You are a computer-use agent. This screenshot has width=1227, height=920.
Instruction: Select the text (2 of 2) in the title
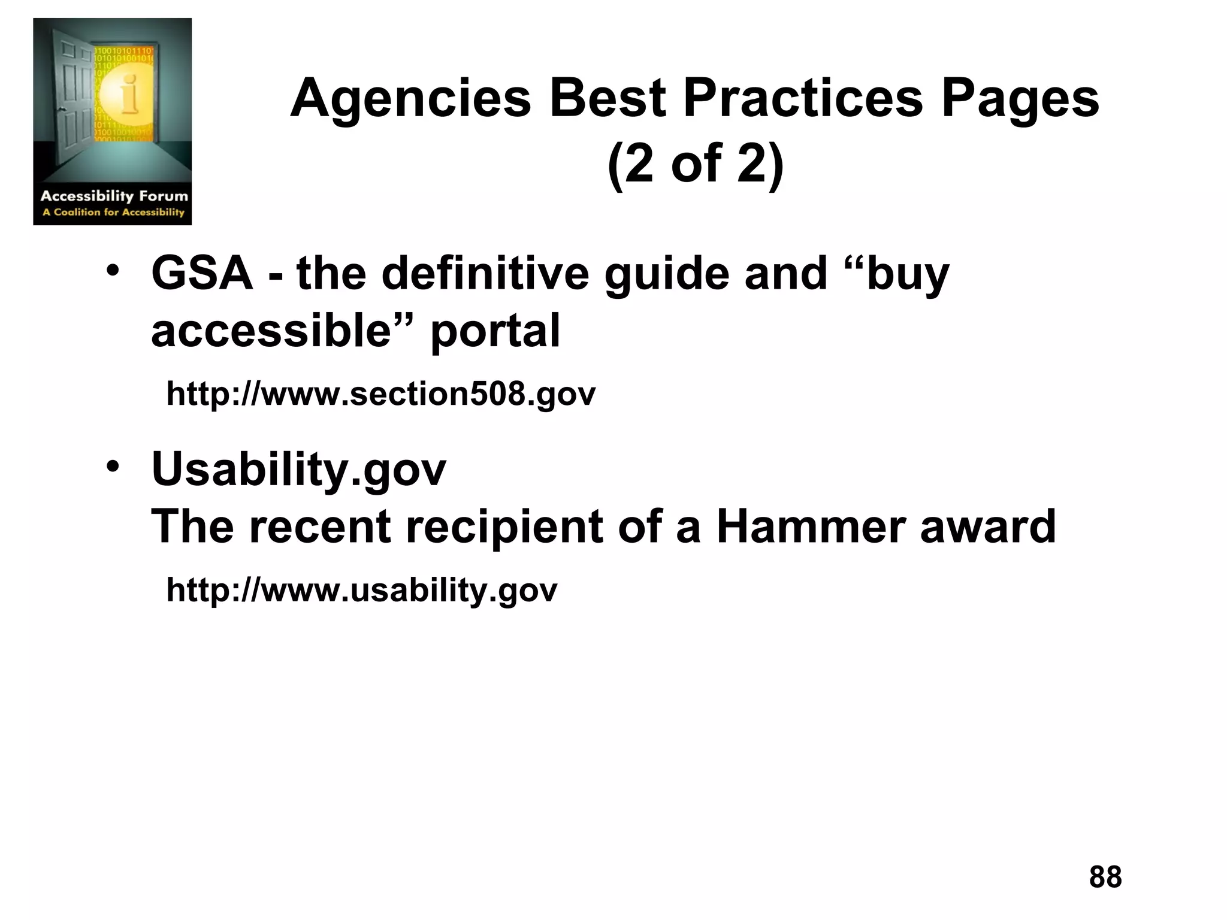695,164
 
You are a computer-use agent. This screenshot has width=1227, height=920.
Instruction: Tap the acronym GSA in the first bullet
202,273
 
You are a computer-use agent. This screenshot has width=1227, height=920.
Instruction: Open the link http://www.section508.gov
381,394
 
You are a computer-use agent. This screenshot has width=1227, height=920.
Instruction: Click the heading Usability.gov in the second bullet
299,469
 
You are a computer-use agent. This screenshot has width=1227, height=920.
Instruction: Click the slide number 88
1105,877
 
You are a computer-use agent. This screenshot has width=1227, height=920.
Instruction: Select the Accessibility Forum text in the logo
114,196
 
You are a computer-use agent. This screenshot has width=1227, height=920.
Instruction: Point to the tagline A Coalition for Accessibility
113,212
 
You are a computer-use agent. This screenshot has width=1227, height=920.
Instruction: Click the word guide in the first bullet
667,274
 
